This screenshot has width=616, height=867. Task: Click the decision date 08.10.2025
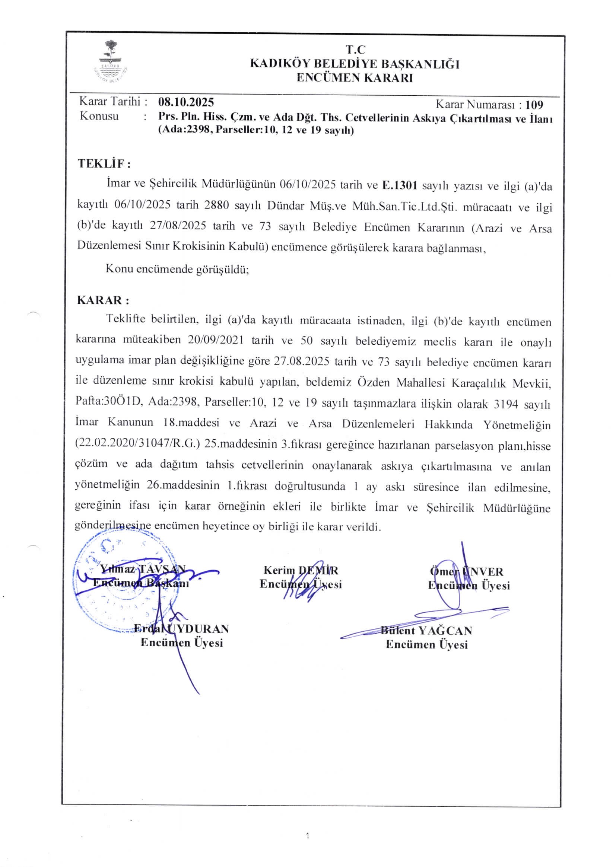186,102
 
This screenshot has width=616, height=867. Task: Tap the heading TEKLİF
104,164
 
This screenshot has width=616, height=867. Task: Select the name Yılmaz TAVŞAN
143,569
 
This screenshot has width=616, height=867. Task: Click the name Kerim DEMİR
301,570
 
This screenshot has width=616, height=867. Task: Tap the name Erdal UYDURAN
181,629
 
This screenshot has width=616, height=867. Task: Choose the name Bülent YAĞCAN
426,631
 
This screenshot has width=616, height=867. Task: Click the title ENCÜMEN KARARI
354,78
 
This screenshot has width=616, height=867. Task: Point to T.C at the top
355,49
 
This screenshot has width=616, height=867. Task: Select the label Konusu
99,116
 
